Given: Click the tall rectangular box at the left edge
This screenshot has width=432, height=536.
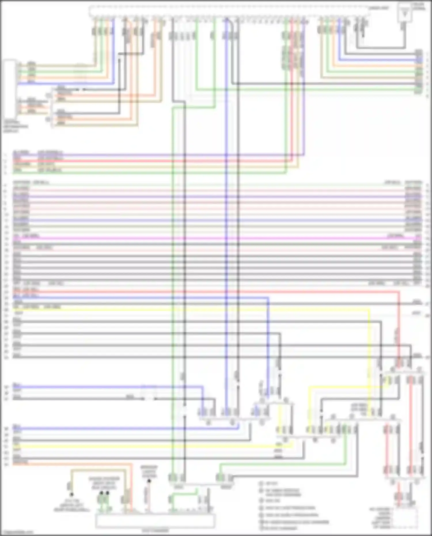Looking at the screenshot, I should [x=10, y=89].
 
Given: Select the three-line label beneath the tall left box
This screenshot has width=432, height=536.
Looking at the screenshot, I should [x=16, y=127].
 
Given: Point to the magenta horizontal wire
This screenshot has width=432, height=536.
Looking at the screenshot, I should [x=216, y=238].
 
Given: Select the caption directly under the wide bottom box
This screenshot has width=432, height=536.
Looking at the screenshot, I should [x=155, y=530].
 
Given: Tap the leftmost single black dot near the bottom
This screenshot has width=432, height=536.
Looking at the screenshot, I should [x=71, y=495].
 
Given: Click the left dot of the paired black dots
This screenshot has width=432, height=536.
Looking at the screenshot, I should [x=101, y=493].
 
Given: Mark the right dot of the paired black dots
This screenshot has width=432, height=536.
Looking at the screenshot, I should [x=107, y=493].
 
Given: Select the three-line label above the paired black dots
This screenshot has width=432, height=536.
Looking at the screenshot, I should [x=104, y=483].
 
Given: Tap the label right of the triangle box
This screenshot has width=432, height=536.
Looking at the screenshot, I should [x=419, y=6].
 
